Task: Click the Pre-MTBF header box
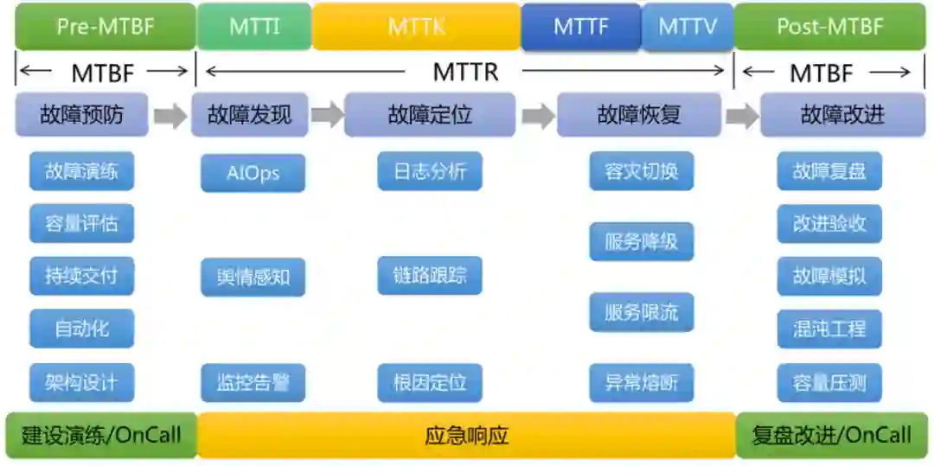click(106, 27)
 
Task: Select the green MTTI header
click(254, 27)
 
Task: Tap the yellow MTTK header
click(416, 27)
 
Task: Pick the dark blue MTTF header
click(580, 27)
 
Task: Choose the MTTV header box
click(688, 27)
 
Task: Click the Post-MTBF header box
click(829, 27)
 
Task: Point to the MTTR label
click(465, 72)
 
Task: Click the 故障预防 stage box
click(82, 115)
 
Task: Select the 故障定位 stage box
click(430, 115)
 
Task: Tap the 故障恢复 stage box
click(639, 115)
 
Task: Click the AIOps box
click(253, 172)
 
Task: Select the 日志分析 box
click(430, 171)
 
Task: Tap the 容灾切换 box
click(642, 171)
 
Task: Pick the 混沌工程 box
click(829, 329)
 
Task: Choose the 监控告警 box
click(253, 382)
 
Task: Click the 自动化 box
click(82, 329)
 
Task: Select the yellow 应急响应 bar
click(466, 435)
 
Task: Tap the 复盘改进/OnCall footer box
click(831, 435)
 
